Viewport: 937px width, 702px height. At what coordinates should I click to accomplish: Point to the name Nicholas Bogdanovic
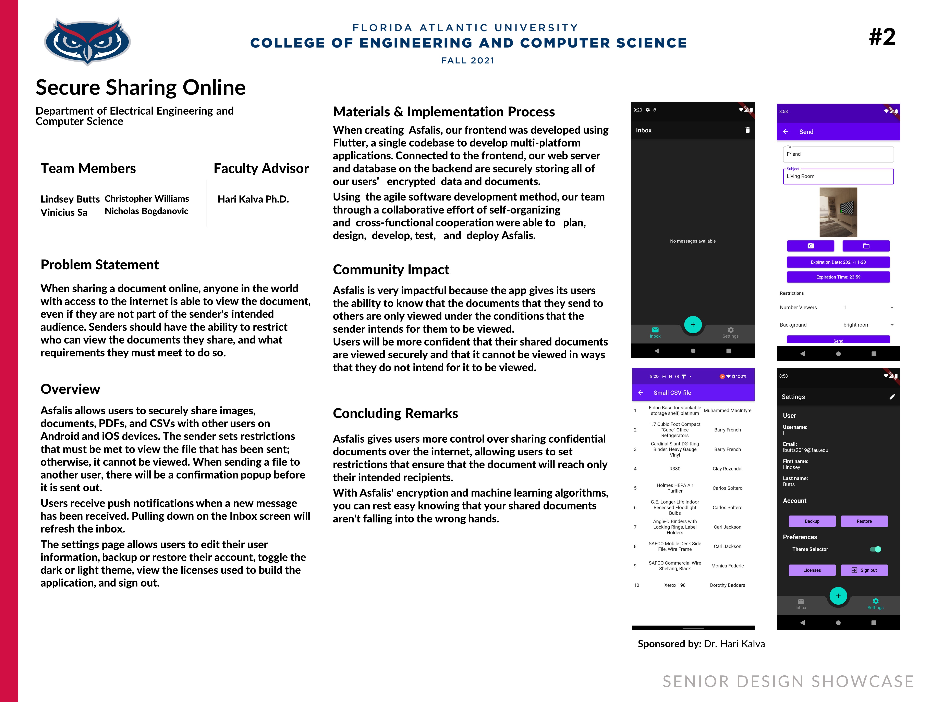pos(146,211)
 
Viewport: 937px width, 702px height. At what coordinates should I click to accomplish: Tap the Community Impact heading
pos(391,270)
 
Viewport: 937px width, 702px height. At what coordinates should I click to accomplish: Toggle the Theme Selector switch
pos(875,549)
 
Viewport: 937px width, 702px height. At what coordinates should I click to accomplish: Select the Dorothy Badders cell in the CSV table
pos(727,585)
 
